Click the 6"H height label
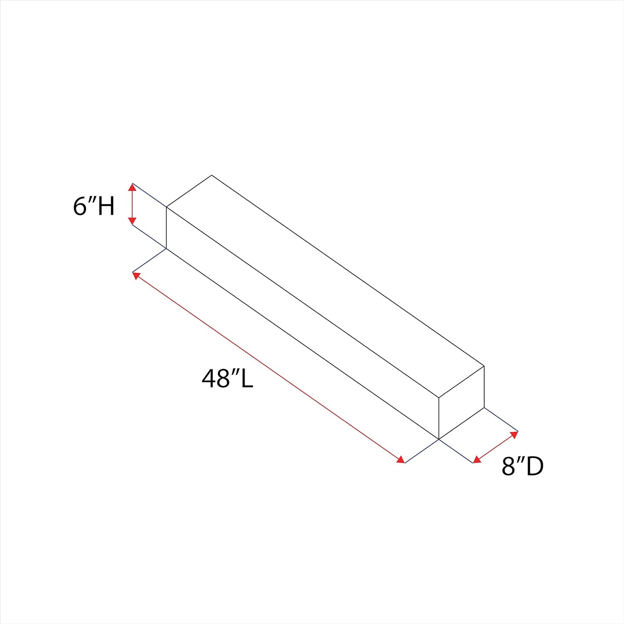click(94, 206)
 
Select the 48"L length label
click(228, 379)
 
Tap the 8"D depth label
click(522, 466)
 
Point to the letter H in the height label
click(106, 206)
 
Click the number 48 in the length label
click(215, 379)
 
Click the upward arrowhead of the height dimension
click(132, 187)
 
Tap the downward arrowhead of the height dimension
click(132, 221)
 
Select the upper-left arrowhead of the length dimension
click(136, 275)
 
